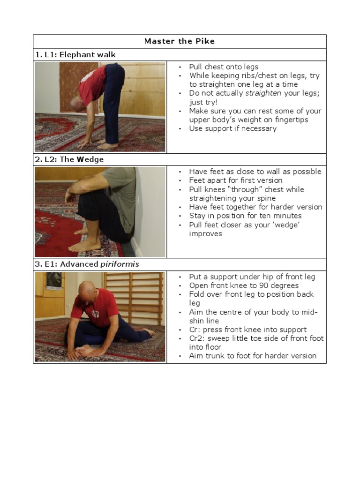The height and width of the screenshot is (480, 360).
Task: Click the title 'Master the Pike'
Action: (x=180, y=41)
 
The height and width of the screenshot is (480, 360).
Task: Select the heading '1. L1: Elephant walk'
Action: (x=75, y=55)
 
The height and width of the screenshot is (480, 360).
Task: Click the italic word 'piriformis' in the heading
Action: (x=120, y=264)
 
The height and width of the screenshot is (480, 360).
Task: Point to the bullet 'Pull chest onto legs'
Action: (x=224, y=67)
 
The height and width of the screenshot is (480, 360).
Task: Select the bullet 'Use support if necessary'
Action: (x=232, y=128)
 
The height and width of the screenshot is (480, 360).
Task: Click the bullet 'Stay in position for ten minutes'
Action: (x=245, y=216)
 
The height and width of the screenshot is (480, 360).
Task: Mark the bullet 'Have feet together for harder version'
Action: (x=255, y=207)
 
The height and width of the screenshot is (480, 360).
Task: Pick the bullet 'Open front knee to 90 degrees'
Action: (x=244, y=285)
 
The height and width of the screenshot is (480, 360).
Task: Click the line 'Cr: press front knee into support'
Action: (x=248, y=330)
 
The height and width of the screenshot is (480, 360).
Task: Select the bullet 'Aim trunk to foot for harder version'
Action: (x=253, y=356)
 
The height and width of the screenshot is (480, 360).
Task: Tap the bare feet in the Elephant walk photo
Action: (x=107, y=146)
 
